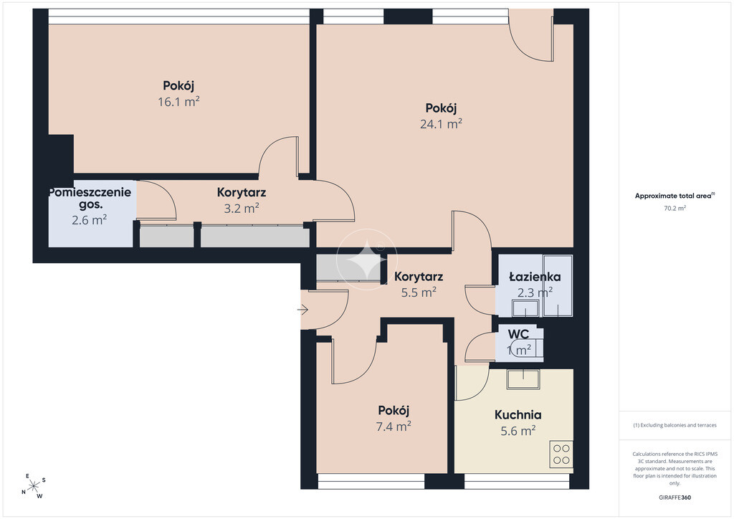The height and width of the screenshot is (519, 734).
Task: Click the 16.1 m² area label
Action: [x=178, y=102]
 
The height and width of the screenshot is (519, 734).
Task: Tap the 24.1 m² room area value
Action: [x=441, y=124]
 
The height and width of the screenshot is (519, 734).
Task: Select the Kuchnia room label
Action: [x=518, y=414]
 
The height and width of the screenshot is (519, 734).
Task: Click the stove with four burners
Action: [x=561, y=454]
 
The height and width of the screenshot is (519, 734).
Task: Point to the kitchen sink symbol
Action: [x=523, y=378]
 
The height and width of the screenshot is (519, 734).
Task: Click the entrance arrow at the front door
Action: [x=303, y=310]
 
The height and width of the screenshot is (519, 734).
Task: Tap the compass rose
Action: [x=34, y=486]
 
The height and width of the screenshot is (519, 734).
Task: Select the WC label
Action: [x=519, y=334]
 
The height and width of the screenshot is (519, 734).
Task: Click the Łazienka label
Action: [x=535, y=277]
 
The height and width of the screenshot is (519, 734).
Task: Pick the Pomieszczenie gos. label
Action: [x=90, y=198]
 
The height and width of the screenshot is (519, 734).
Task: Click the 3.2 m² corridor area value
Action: [x=242, y=209]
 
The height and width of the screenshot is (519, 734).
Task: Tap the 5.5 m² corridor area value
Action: [x=419, y=292]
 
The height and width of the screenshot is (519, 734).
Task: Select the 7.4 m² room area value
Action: [x=394, y=427]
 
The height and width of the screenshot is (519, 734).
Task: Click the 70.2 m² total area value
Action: [x=675, y=209]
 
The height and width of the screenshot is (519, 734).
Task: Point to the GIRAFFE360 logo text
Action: [x=675, y=497]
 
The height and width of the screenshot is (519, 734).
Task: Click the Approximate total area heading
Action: [x=675, y=196]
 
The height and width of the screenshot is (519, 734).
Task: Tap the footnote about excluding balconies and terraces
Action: [x=675, y=425]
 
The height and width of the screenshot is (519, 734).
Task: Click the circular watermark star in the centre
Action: [x=366, y=259]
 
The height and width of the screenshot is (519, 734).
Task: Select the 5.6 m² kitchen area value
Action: [x=518, y=431]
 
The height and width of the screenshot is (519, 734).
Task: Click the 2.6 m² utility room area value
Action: [x=90, y=220]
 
